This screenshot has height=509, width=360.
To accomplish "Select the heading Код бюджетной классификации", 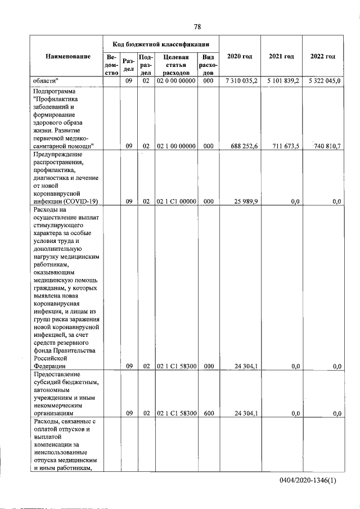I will click(161, 43).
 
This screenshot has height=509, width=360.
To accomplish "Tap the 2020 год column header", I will click(240, 56).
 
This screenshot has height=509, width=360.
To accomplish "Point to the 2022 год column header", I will click(323, 56).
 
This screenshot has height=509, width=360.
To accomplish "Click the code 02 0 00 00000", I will click(176, 81).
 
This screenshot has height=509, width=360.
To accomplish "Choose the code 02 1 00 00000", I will click(176, 146).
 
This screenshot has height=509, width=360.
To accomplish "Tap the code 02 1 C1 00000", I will click(176, 201).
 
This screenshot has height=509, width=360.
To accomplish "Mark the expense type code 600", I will click(208, 413).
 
